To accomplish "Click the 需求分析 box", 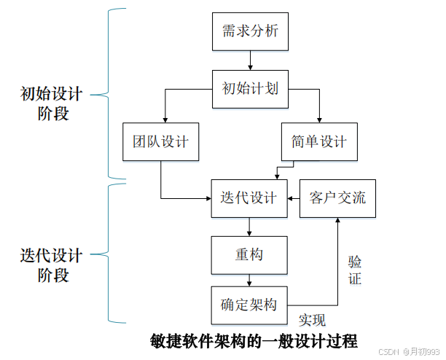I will (x=249, y=31).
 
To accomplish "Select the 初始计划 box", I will (x=249, y=89).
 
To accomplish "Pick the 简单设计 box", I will (x=319, y=141).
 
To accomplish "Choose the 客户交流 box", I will (x=337, y=198).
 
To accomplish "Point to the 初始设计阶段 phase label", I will (x=51, y=103).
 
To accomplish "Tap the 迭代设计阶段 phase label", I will (x=51, y=265).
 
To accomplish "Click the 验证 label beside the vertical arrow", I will (x=354, y=270).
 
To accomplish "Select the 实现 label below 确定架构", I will (x=312, y=320).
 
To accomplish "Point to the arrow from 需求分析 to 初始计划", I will (x=249, y=60).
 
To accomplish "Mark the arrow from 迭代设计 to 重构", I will (x=249, y=227).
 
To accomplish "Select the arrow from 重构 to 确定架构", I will (x=249, y=280).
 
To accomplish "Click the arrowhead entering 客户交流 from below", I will (x=337, y=222).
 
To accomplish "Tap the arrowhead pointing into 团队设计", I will (x=165, y=118).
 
